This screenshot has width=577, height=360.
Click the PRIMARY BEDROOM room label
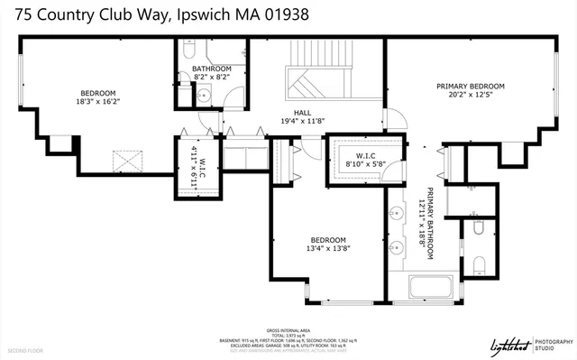471,86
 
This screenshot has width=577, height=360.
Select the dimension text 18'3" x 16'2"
97,102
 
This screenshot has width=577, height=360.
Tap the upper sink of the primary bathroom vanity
398,214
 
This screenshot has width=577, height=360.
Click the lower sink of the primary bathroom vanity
398,245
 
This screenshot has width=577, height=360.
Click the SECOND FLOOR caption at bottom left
25,349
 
